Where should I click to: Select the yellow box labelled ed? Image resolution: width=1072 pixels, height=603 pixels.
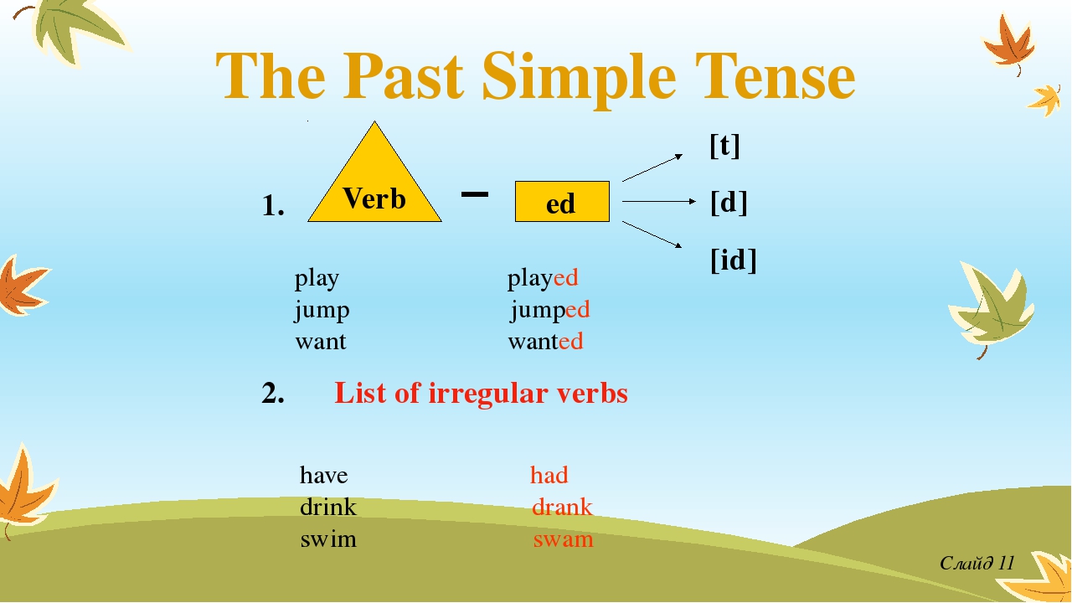tap(562, 202)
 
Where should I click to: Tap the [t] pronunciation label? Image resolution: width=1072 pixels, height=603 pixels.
tap(724, 146)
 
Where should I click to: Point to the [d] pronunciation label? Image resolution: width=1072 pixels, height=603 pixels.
tap(729, 203)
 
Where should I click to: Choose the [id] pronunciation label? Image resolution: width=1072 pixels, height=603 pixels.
tap(733, 260)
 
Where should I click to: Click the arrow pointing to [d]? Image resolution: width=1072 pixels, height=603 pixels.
tap(659, 202)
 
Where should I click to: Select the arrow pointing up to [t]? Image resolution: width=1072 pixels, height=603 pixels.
tap(652, 167)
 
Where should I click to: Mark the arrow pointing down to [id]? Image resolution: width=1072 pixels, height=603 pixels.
tap(652, 234)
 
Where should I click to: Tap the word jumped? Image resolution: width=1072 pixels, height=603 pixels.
tap(550, 310)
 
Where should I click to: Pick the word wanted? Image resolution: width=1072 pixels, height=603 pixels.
tap(545, 342)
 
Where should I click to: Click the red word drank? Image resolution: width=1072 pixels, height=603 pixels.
tap(562, 507)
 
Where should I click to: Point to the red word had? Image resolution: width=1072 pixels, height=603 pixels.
tap(549, 475)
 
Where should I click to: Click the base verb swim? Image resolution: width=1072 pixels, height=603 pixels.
tap(328, 539)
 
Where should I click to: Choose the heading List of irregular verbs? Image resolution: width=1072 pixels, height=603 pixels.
tap(481, 394)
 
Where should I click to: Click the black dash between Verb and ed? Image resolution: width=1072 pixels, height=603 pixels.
tap(475, 194)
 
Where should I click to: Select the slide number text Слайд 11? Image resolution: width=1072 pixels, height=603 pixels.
tap(977, 563)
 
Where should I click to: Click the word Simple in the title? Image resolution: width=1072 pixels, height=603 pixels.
tap(579, 79)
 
